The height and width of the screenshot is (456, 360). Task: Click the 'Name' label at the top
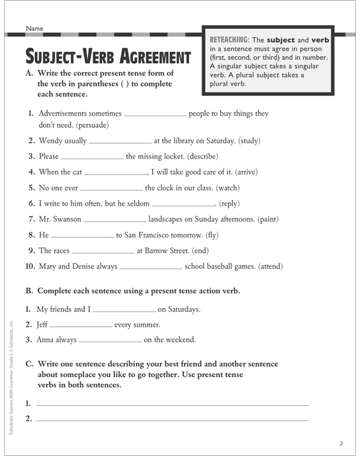(35, 28)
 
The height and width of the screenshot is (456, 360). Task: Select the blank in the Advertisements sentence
(156, 114)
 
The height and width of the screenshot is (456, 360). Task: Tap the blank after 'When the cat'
(115, 173)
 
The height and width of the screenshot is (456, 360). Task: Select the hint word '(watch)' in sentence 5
(223, 189)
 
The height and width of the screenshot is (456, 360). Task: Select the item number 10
(29, 266)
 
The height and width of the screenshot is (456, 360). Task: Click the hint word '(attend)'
(270, 266)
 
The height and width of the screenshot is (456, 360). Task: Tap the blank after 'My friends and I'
(124, 310)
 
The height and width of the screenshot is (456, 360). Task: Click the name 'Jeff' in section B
(42, 325)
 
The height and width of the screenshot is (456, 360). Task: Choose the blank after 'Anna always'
(110, 340)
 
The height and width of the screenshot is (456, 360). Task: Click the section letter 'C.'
(29, 364)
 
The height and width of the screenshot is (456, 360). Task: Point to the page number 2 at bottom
(341, 443)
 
